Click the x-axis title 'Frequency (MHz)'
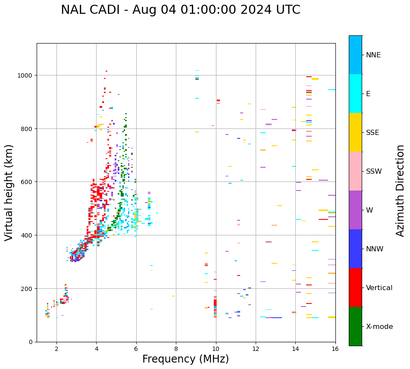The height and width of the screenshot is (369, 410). click(x=185, y=359)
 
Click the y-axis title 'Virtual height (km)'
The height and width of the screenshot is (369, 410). click(x=9, y=192)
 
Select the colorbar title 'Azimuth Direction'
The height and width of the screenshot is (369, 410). click(x=401, y=191)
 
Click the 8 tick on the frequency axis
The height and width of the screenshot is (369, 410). click(x=176, y=349)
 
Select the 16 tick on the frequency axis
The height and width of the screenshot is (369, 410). click(x=335, y=349)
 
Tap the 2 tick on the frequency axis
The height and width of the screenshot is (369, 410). click(x=56, y=349)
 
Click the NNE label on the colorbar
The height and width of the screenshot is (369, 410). click(x=373, y=55)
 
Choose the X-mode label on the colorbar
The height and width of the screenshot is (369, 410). click(x=379, y=326)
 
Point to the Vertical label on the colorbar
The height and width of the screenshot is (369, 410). click(x=379, y=288)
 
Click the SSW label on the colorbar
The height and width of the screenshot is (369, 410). click(x=374, y=171)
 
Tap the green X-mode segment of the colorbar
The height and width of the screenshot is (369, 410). click(x=355, y=326)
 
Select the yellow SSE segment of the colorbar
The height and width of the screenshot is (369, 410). click(x=355, y=132)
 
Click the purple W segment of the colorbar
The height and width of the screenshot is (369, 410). click(x=355, y=210)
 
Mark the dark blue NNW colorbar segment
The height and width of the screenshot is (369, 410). click(x=355, y=249)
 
